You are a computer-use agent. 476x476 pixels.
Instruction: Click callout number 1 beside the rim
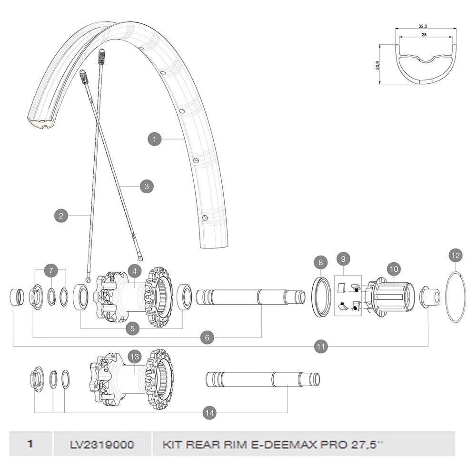(154, 139)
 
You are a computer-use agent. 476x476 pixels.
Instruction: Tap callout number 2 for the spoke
(60, 216)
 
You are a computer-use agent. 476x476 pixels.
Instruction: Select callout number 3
(147, 186)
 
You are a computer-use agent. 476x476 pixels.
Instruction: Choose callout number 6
(207, 337)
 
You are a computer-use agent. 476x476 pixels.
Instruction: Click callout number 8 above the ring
(321, 262)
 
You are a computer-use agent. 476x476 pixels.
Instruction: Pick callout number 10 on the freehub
(393, 269)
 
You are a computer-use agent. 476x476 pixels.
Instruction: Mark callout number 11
(321, 347)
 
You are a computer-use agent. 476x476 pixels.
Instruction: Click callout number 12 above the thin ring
(456, 256)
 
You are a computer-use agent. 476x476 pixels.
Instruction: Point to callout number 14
(209, 413)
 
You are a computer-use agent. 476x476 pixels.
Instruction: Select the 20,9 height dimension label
(378, 65)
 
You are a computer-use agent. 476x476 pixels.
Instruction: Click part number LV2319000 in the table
(101, 445)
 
